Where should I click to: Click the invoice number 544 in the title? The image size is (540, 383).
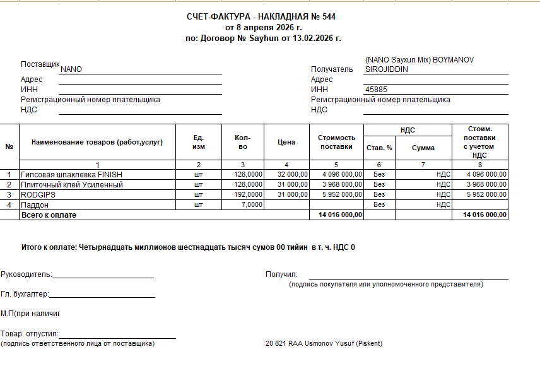click(329, 17)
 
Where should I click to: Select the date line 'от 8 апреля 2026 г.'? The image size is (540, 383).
click(264, 28)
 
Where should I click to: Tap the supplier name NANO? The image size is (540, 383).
click(71, 69)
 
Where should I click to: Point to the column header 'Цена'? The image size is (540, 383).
click(286, 142)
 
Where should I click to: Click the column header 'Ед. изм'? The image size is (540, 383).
click(198, 142)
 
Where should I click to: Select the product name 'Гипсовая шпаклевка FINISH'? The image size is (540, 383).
click(71, 175)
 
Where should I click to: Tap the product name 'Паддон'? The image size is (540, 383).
click(34, 205)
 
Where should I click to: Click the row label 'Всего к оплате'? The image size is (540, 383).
click(49, 215)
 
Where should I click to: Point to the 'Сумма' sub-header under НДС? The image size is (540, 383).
click(423, 148)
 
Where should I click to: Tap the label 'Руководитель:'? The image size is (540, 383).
click(26, 274)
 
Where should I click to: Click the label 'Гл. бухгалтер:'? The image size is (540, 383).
click(25, 294)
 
